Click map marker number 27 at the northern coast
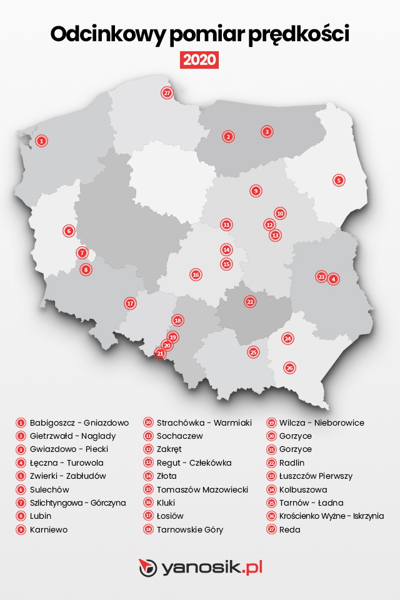click(x=167, y=93)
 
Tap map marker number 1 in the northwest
click(x=41, y=141)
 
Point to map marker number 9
click(x=255, y=191)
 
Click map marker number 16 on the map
click(x=196, y=274)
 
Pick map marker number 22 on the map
click(x=250, y=301)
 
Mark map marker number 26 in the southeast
click(x=289, y=367)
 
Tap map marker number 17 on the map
click(x=130, y=304)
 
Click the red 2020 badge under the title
click(x=199, y=60)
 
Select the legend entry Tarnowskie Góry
click(x=189, y=529)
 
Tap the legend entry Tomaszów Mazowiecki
click(x=202, y=489)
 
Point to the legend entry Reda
click(x=291, y=529)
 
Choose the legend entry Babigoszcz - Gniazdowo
click(x=79, y=422)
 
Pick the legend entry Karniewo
click(x=49, y=529)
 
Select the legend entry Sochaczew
click(x=179, y=436)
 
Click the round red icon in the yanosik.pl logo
click(x=148, y=567)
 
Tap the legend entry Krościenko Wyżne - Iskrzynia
click(x=332, y=516)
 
